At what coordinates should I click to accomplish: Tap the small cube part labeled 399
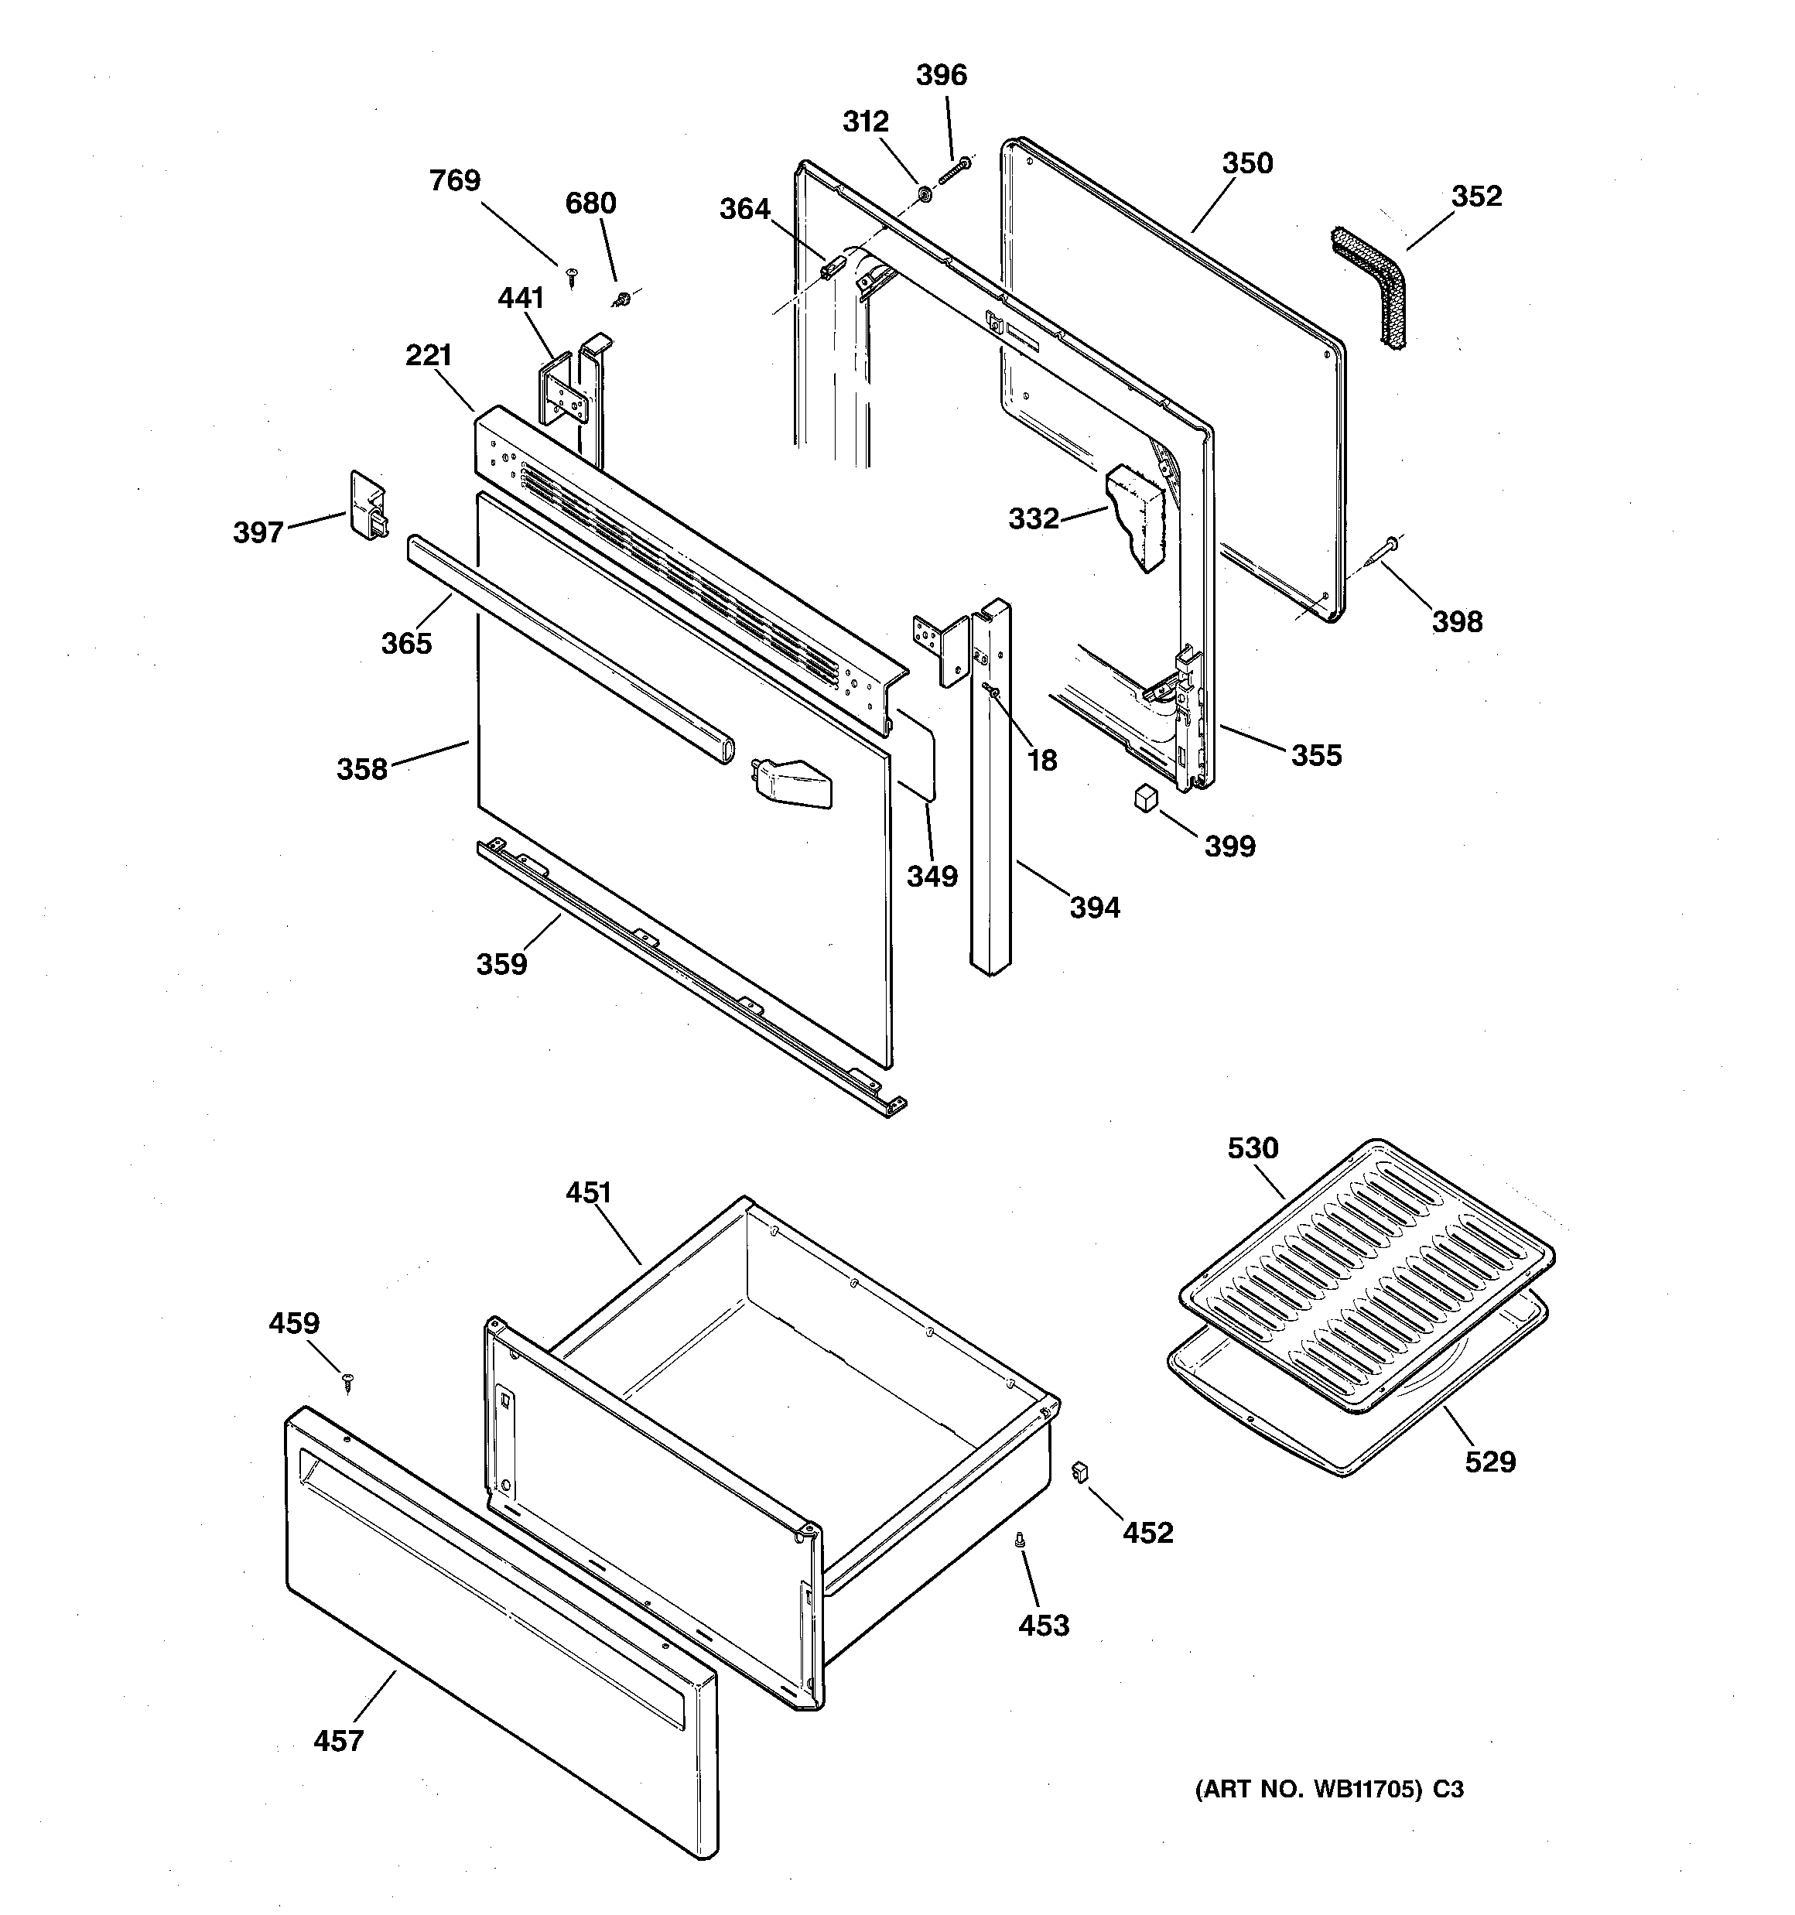[1144, 798]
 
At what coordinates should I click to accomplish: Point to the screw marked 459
[349, 1384]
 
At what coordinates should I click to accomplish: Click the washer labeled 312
[923, 194]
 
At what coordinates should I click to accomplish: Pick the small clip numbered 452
[1079, 1471]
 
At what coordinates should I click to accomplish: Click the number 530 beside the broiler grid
[1253, 1148]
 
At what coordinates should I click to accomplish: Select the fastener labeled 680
[621, 298]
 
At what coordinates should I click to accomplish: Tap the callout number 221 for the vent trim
[429, 355]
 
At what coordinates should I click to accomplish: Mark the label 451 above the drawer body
[589, 1192]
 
